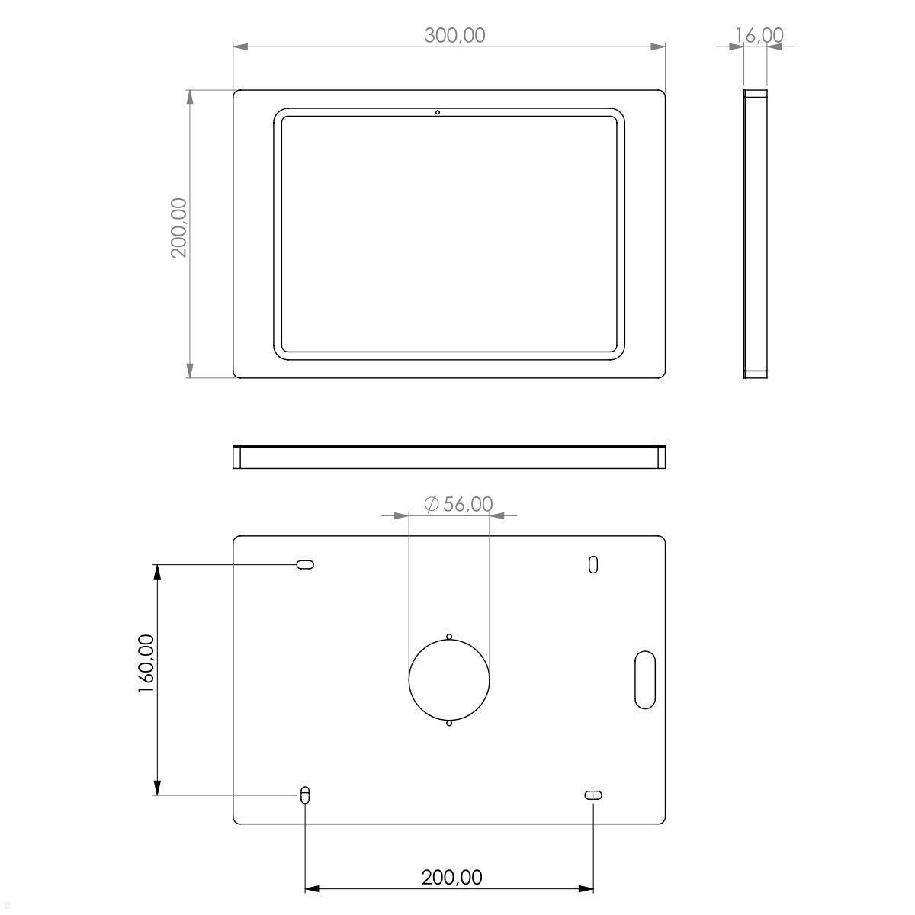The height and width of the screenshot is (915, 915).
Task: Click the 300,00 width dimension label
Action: pyautogui.click(x=454, y=36)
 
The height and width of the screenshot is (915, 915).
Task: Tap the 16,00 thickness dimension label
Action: pyautogui.click(x=759, y=35)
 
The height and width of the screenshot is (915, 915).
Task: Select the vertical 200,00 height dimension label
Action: pyautogui.click(x=179, y=227)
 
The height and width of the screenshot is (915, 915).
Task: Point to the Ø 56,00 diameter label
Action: pyautogui.click(x=458, y=504)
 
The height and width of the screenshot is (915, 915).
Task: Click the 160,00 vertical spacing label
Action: pyautogui.click(x=146, y=663)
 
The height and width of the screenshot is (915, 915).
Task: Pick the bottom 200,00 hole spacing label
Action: pyautogui.click(x=451, y=878)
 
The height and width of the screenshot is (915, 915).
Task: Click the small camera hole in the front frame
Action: pyautogui.click(x=438, y=113)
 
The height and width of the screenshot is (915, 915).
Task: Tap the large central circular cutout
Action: pyautogui.click(x=448, y=679)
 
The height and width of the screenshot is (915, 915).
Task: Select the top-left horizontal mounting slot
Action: pyautogui.click(x=305, y=564)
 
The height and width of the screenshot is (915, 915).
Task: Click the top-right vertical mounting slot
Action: pyautogui.click(x=593, y=564)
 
